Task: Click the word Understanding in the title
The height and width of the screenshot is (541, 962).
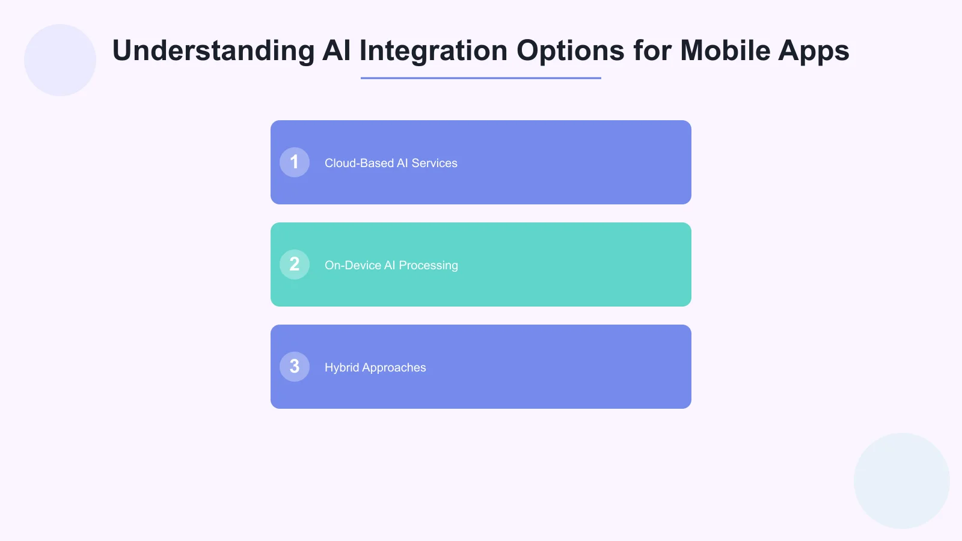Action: (x=213, y=50)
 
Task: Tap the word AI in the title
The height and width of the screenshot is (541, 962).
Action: (x=337, y=50)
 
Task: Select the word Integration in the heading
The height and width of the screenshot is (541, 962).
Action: (x=434, y=50)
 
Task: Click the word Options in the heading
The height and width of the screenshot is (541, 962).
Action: (x=570, y=50)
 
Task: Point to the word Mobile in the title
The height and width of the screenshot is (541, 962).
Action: (x=725, y=50)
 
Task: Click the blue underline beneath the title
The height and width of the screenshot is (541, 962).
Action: (x=481, y=78)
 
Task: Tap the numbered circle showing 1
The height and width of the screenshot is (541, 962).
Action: (x=295, y=162)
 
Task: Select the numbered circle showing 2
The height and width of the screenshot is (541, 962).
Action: (x=295, y=264)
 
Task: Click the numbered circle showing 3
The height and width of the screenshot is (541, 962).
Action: (x=295, y=367)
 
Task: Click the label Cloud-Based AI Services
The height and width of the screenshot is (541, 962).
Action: (x=391, y=163)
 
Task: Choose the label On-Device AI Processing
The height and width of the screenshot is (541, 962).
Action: (x=391, y=265)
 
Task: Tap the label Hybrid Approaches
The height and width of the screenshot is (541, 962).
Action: (x=375, y=367)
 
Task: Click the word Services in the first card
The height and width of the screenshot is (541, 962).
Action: (x=434, y=163)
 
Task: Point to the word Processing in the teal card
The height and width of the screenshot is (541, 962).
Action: (x=428, y=265)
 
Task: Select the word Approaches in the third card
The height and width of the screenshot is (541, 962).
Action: (x=394, y=367)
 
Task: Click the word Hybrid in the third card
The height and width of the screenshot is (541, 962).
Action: (x=342, y=367)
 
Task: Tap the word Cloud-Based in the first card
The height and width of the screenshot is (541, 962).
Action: (x=359, y=163)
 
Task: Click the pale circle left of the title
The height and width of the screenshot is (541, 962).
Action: (x=60, y=60)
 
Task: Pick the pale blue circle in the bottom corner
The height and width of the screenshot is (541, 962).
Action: (x=902, y=481)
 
